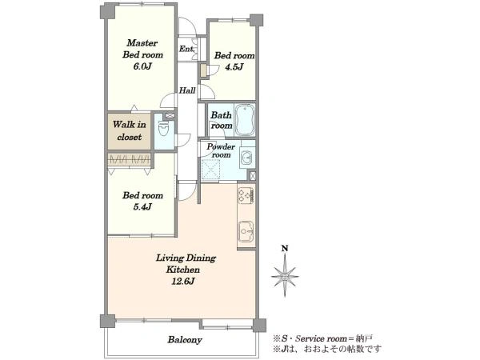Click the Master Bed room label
142,49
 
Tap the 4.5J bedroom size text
234,67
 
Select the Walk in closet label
129,130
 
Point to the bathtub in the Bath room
244,120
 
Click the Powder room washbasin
246,158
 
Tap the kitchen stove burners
246,194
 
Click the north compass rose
285,276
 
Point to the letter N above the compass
285,248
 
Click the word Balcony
185,340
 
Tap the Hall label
187,90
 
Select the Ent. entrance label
186,49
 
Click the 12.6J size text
182,281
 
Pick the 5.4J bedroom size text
142,207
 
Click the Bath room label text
221,120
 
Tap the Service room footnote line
322,339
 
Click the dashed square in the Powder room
211,168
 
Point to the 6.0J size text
142,66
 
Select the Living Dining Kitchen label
186,263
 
